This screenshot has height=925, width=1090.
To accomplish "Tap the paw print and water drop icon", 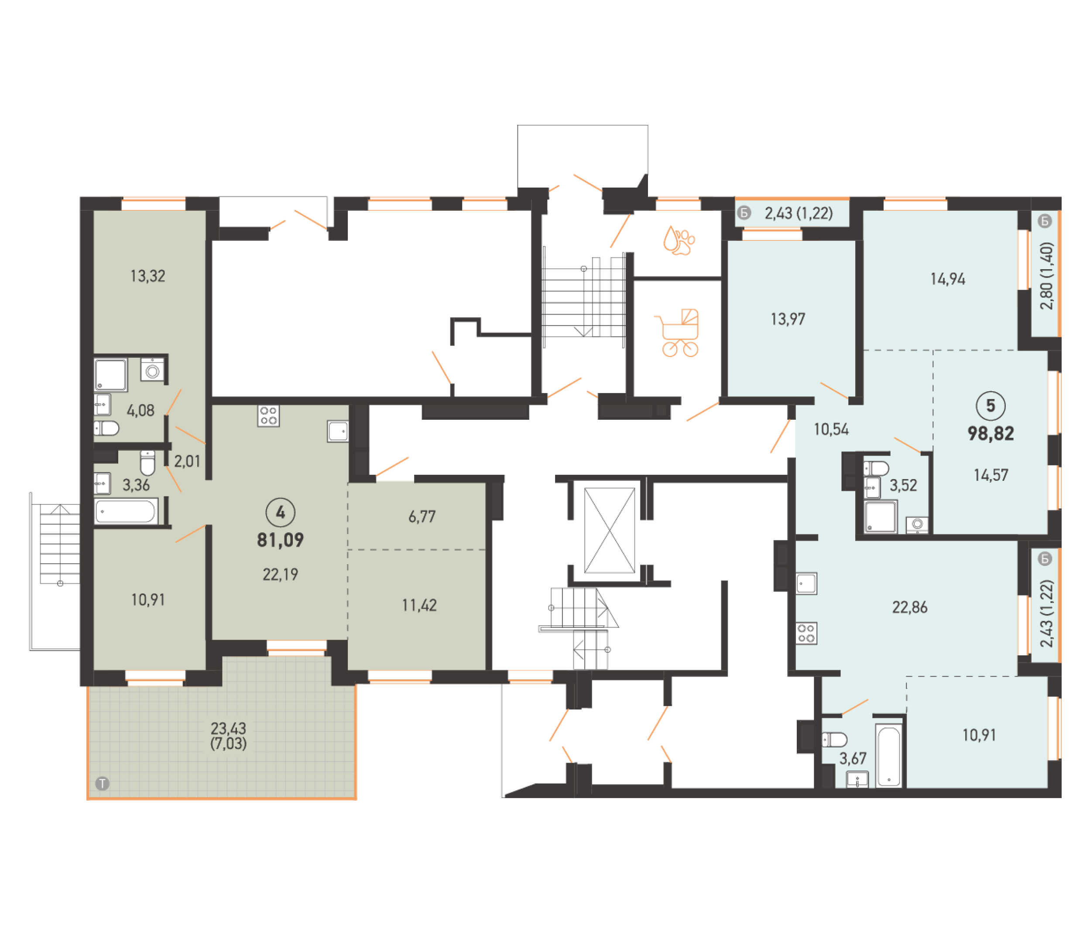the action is click(x=679, y=240).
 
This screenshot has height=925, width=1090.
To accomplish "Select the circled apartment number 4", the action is click(x=281, y=512).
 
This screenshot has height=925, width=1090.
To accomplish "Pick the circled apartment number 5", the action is click(x=991, y=405).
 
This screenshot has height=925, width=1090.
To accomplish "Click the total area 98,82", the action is click(x=991, y=434).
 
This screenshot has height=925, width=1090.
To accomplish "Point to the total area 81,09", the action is click(x=281, y=540).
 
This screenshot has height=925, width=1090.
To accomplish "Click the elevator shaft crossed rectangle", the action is click(x=609, y=530).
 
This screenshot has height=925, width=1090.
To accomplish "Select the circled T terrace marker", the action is click(x=102, y=784).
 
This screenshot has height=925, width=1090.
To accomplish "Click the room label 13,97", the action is click(x=788, y=319).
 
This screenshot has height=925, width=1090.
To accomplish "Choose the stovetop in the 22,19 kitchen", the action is click(x=268, y=415).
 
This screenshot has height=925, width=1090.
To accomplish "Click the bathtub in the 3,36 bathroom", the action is click(x=126, y=511).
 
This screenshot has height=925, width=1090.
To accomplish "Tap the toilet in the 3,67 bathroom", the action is click(x=834, y=740).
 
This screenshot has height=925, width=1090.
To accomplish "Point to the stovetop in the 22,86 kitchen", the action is click(x=806, y=633).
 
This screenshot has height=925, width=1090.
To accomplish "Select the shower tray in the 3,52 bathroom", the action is click(x=881, y=517).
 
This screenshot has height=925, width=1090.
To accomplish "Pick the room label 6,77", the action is click(x=422, y=517).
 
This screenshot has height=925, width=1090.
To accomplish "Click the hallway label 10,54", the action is click(x=831, y=429).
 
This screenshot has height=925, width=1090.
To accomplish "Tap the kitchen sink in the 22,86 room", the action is click(x=806, y=583).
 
